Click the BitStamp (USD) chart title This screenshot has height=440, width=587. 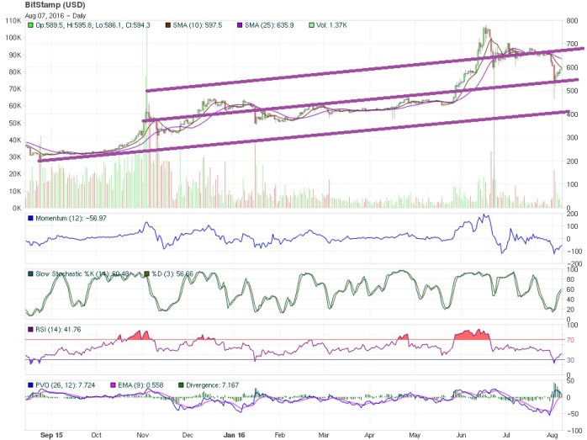coord(56,5)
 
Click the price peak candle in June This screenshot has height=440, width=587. coord(485,29)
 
